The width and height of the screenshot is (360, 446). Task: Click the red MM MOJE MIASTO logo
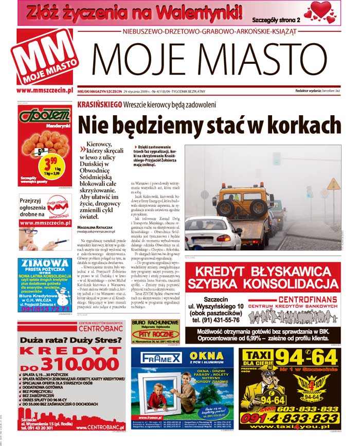coord(44,58)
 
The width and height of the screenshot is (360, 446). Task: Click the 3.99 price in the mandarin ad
coord(50,164)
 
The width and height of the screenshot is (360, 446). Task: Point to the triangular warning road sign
coord(333,184)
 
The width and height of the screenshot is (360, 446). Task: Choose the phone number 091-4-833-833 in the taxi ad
coord(290,418)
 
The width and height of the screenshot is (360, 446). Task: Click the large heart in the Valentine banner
coord(321,9)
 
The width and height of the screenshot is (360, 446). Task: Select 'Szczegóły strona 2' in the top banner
coord(276,20)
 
